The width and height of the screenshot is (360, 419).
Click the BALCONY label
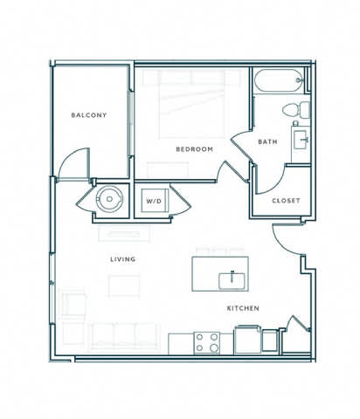tap(89, 114)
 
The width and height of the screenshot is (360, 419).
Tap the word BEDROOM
tap(194, 149)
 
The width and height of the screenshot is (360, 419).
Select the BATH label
tap(267, 141)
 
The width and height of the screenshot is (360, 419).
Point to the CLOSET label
tap(286, 201)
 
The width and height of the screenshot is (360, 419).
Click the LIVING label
tap(121, 259)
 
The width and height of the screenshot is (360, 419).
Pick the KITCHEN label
tap(244, 307)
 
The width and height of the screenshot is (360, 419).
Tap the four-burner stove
tap(208, 341)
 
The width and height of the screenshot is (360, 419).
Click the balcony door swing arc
tap(77, 162)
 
